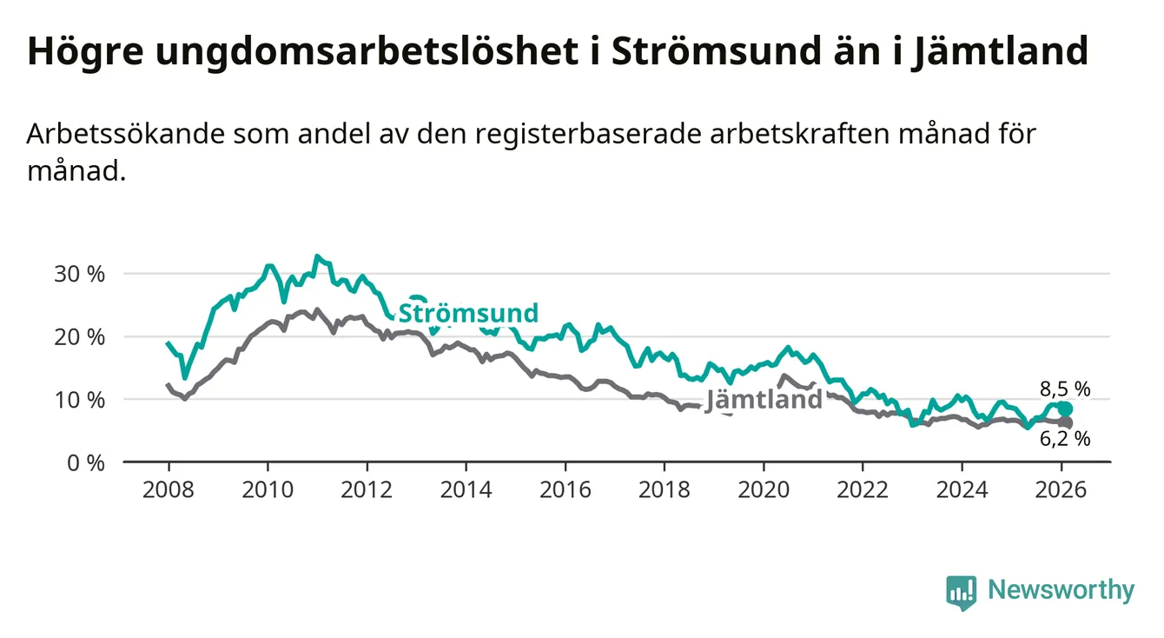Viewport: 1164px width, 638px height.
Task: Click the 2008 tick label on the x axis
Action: coord(169,489)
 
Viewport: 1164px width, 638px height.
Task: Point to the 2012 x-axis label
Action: coord(367,489)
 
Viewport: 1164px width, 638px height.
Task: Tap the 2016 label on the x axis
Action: coord(565,489)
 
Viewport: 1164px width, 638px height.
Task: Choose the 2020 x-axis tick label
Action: coord(764,489)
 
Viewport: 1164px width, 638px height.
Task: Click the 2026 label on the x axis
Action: coord(1061,489)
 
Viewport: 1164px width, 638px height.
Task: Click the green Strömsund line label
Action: coord(468,313)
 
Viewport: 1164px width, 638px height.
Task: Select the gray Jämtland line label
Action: coord(764,400)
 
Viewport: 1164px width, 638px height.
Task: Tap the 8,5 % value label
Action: coord(1064,389)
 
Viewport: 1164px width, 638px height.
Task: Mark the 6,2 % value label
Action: coord(1064,439)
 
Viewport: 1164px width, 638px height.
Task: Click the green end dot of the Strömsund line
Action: coord(1065,409)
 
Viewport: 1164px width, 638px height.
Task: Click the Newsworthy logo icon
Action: coord(961,592)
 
